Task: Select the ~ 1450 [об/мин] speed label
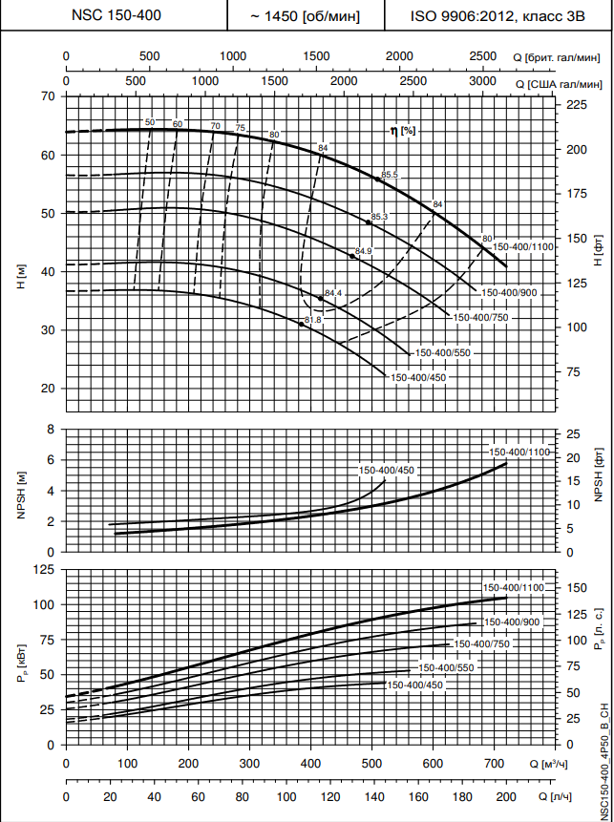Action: pos(304,16)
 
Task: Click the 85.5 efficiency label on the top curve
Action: pos(389,174)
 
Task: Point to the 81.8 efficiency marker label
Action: pos(313,319)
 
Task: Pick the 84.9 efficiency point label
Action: pos(363,251)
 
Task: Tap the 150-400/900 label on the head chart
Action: pos(510,292)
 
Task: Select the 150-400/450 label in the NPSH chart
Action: pos(387,470)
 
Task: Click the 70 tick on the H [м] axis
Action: pos(49,96)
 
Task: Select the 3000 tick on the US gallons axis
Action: pos(483,82)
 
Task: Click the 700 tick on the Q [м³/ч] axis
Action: pos(495,765)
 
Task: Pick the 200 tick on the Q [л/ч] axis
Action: pos(505,796)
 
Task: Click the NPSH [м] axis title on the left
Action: pos(21,490)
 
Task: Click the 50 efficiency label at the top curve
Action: pos(150,123)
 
